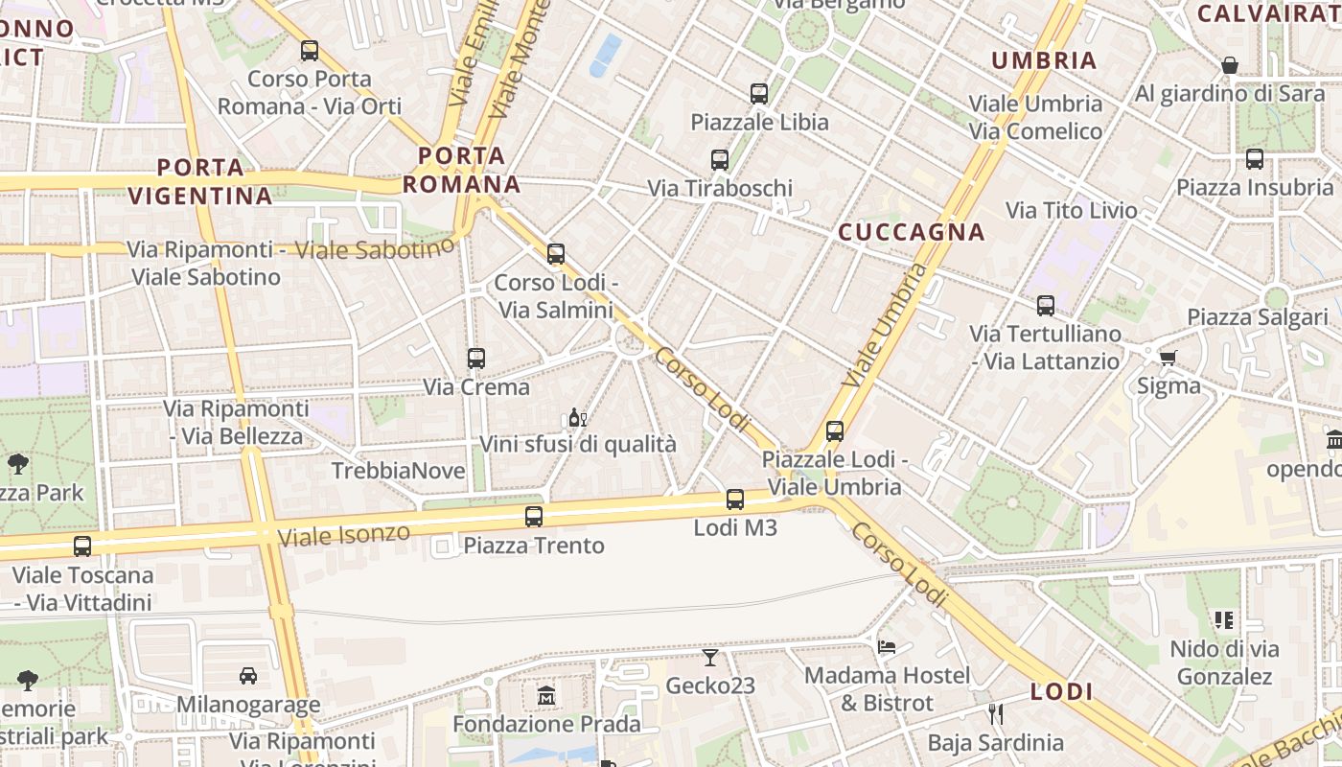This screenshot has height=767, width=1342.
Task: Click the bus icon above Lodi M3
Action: click(735, 500)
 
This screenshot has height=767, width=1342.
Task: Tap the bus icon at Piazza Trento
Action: click(534, 517)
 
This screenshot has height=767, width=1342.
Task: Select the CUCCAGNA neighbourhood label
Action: click(912, 232)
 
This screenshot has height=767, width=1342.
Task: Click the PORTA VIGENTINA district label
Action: click(200, 182)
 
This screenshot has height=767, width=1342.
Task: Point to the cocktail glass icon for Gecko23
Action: click(709, 657)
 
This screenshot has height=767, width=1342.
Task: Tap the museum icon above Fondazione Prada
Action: click(546, 694)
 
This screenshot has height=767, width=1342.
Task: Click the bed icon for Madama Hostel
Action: click(887, 647)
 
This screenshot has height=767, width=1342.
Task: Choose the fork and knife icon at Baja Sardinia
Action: click(995, 713)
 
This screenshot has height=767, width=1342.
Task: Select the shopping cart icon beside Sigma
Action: click(1168, 358)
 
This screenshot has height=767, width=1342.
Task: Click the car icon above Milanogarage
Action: click(248, 676)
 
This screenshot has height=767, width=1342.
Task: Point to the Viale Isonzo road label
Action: click(343, 534)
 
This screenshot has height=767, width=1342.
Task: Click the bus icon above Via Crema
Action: click(476, 359)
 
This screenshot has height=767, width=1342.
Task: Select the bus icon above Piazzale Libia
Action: click(759, 94)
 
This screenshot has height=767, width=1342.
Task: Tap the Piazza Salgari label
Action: click(1258, 317)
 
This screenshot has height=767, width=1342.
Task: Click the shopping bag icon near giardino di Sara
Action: click(1230, 65)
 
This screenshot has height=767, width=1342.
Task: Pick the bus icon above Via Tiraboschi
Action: click(720, 160)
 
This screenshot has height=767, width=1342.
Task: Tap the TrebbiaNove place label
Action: click(398, 471)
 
